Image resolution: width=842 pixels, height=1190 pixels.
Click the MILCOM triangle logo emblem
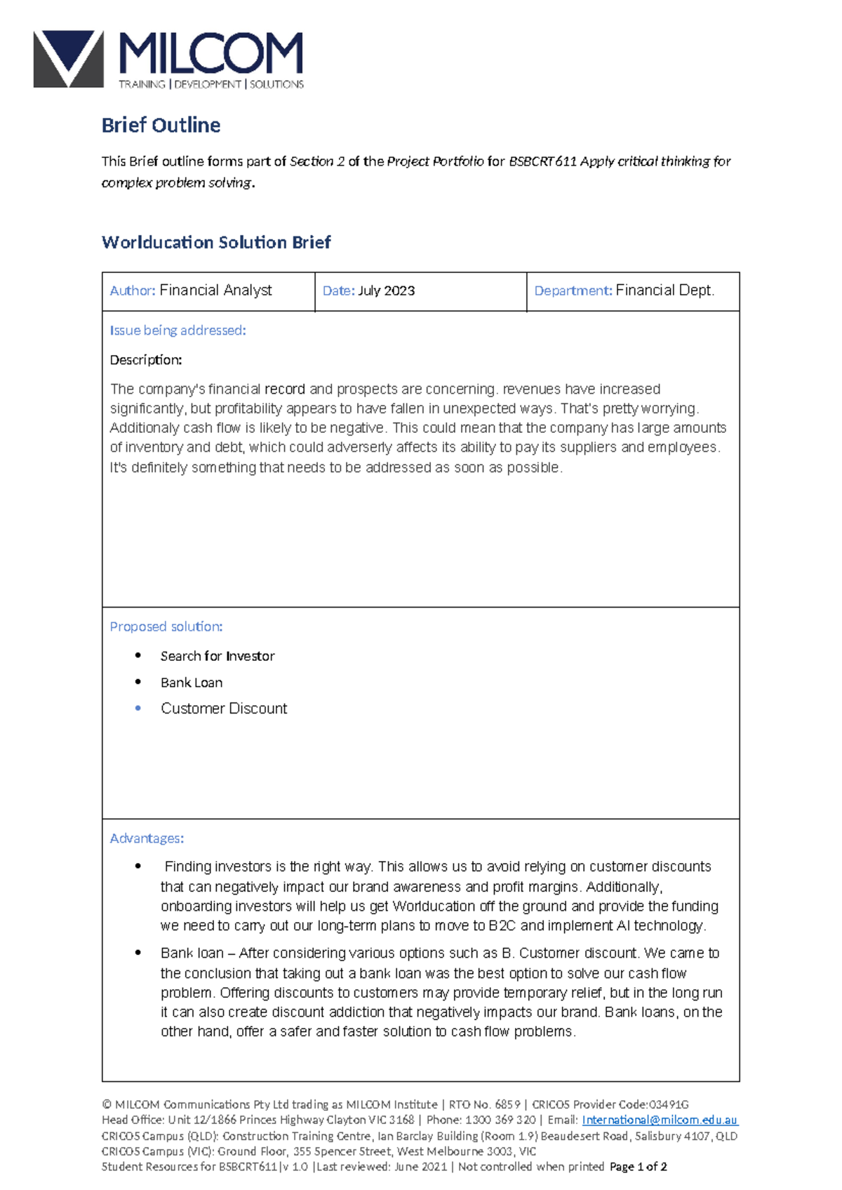click(x=67, y=59)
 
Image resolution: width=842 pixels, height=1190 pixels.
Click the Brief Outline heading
click(x=161, y=125)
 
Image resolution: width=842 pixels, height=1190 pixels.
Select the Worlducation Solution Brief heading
click(x=216, y=242)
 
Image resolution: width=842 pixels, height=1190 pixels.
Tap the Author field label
click(x=132, y=290)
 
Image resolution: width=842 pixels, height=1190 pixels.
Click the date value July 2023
click(x=386, y=290)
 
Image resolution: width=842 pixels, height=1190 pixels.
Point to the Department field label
click(x=573, y=290)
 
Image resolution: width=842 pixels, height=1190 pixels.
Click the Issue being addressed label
click(x=178, y=330)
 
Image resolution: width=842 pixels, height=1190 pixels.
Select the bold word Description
click(x=145, y=360)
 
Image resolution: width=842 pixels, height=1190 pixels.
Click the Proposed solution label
click(x=166, y=627)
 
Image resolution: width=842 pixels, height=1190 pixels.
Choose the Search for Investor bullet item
click(x=217, y=656)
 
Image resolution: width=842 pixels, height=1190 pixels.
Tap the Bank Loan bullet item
click(x=191, y=683)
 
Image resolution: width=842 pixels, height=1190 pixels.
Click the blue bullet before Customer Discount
click(x=138, y=709)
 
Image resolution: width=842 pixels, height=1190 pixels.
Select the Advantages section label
click(x=147, y=838)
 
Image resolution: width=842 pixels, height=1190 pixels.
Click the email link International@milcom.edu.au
click(x=660, y=1120)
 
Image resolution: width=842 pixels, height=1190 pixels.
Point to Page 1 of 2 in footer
click(x=638, y=1167)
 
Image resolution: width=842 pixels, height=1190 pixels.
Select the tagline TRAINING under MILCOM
click(x=142, y=84)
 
